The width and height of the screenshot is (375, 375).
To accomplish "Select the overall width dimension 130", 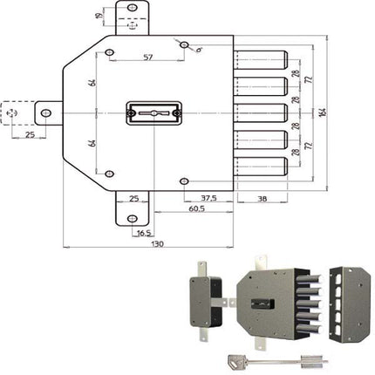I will [x=157, y=245].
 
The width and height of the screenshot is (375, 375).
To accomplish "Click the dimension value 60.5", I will [x=195, y=211].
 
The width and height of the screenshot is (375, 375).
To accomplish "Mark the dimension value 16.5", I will [x=143, y=233].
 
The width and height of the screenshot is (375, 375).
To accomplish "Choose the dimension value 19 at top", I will [x=99, y=13].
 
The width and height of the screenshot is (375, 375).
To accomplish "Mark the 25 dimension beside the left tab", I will [x=29, y=135].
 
